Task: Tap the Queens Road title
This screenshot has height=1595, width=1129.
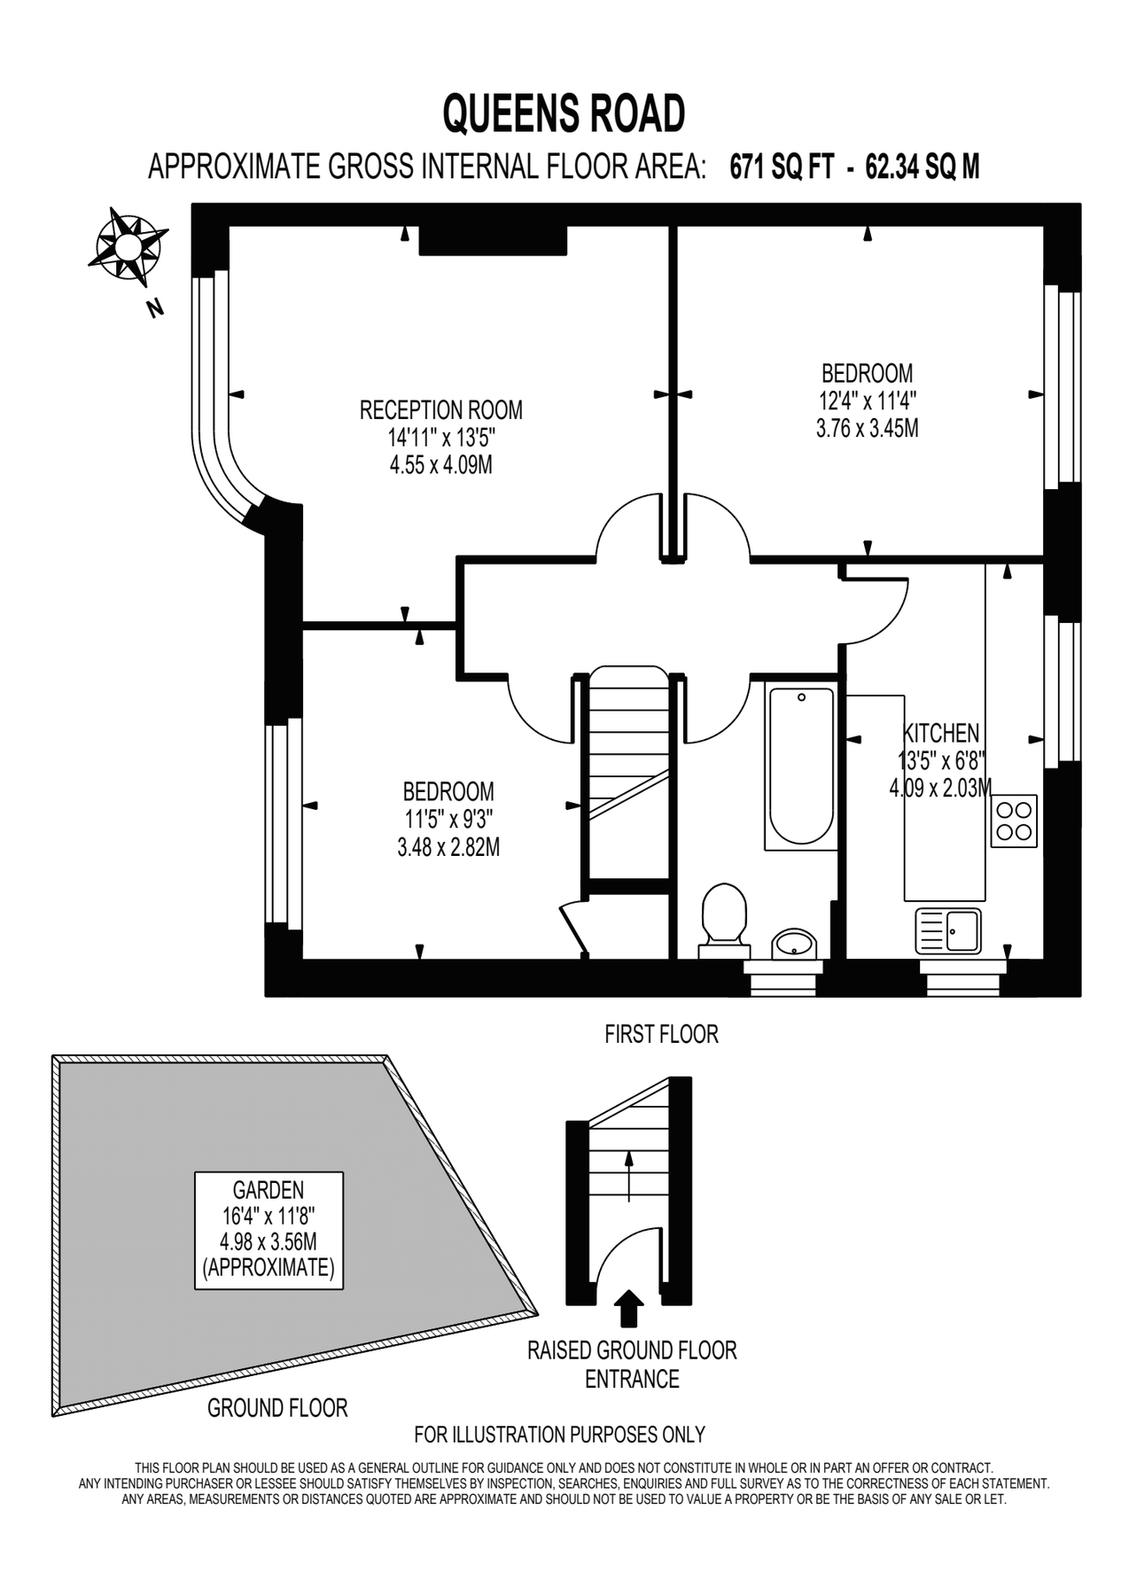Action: click(564, 114)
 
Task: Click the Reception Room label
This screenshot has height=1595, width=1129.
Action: click(440, 410)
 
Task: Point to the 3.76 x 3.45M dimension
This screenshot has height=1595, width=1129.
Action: click(867, 429)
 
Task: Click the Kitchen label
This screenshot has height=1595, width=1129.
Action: click(940, 734)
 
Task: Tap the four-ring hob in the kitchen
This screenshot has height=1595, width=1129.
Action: click(1014, 821)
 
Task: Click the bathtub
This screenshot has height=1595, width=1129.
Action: click(801, 766)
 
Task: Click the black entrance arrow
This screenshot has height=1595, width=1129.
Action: click(629, 1308)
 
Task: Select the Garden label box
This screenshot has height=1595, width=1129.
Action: click(269, 1230)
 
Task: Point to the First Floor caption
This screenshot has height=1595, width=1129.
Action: click(661, 1034)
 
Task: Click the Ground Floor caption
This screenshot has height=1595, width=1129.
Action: click(277, 1408)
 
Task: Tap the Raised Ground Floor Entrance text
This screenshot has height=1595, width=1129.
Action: click(632, 1365)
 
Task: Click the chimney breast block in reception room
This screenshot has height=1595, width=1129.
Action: click(492, 240)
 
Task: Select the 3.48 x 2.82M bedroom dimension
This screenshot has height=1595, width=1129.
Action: click(448, 847)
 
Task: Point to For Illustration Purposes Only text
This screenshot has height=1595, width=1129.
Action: click(559, 1435)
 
